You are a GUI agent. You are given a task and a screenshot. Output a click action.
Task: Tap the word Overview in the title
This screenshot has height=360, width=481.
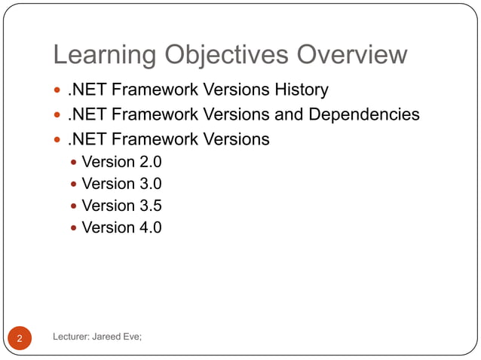click(353, 55)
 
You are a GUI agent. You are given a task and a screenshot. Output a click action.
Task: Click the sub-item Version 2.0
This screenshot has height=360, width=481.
click(121, 161)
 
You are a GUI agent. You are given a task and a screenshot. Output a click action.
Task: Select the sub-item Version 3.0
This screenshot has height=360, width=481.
click(121, 183)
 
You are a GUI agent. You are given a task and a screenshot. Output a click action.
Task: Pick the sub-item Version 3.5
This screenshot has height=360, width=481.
click(121, 205)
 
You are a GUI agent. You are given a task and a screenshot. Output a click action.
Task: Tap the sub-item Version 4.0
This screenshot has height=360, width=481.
click(121, 227)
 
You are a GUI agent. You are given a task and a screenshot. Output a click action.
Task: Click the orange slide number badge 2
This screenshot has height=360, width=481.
click(20, 338)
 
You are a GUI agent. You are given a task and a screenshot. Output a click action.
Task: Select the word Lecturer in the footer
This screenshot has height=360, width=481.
click(72, 337)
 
